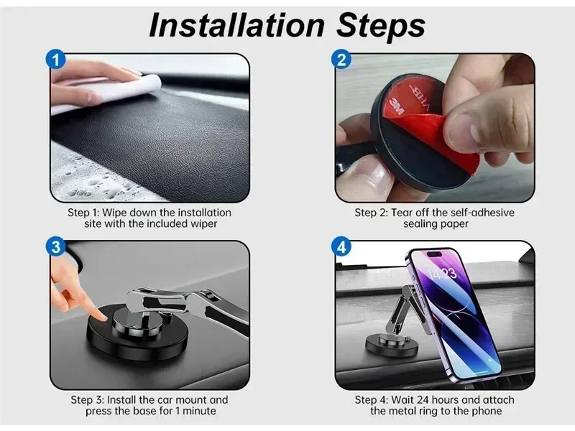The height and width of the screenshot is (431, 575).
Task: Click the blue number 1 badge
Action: pyautogui.click(x=55, y=60)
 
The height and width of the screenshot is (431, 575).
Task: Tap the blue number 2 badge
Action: pyautogui.click(x=341, y=60)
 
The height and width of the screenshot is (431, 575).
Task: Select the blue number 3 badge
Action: pyautogui.click(x=55, y=246)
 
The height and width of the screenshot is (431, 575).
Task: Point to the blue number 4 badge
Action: pyautogui.click(x=341, y=246)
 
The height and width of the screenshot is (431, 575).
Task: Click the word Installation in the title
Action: pyautogui.click(x=236, y=25)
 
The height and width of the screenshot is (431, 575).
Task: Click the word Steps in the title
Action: pyautogui.click(x=381, y=26)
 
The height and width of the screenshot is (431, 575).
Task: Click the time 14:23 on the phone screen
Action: pyautogui.click(x=443, y=274)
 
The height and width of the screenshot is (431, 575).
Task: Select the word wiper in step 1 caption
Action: pyautogui.click(x=203, y=224)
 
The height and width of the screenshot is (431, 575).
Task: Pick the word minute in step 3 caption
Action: pyautogui.click(x=199, y=411)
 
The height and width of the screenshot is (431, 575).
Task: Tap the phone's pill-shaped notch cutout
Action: pyautogui.click(x=435, y=254)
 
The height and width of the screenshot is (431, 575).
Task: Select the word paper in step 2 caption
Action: pyautogui.click(x=454, y=224)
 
